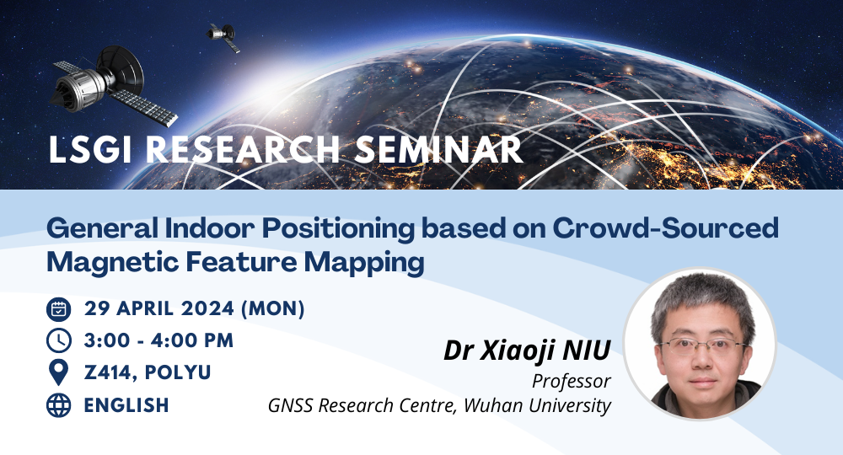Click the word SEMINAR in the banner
[x=438, y=149]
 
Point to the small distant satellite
[x=223, y=37]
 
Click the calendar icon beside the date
[x=59, y=309]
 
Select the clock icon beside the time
[x=59, y=340]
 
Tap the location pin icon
[x=59, y=372]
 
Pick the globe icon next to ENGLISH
[x=59, y=405]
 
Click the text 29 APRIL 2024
[x=159, y=309]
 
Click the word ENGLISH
[x=126, y=405]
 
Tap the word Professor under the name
[x=572, y=381]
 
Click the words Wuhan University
[x=537, y=405]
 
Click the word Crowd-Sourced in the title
[x=666, y=227]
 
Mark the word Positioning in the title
[x=338, y=229]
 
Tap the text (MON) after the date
[x=272, y=309]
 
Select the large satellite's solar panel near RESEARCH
[x=143, y=107]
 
